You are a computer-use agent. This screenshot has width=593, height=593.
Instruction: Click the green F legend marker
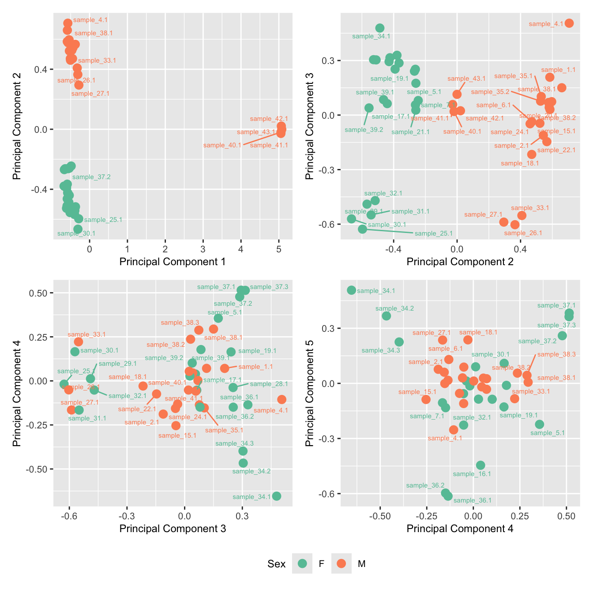302,563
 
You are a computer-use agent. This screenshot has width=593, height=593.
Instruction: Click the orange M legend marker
341,563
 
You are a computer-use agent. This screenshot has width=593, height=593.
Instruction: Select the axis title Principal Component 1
173,262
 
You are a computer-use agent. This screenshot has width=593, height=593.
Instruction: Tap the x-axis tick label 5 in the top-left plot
278,249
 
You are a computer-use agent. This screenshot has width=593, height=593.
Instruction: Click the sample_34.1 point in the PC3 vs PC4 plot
277,496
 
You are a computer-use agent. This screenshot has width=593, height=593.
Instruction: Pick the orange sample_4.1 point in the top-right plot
569,23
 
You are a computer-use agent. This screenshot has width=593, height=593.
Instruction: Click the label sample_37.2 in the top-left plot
91,177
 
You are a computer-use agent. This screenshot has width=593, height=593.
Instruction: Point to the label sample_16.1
472,474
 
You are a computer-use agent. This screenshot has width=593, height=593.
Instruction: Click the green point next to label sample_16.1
480,465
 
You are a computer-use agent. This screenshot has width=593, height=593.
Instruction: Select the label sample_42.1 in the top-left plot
269,119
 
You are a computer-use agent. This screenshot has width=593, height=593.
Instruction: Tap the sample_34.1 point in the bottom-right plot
351,290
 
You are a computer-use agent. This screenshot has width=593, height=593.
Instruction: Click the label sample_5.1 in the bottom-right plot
548,433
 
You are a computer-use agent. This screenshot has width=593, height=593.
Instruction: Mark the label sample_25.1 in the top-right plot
433,233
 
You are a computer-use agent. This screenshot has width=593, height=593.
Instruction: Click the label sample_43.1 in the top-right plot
466,79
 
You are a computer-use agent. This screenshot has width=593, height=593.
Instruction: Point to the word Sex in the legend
276,564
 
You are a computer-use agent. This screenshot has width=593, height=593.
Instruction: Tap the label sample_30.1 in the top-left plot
76,233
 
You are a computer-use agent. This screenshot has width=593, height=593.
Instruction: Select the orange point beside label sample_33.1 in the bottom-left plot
79,342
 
